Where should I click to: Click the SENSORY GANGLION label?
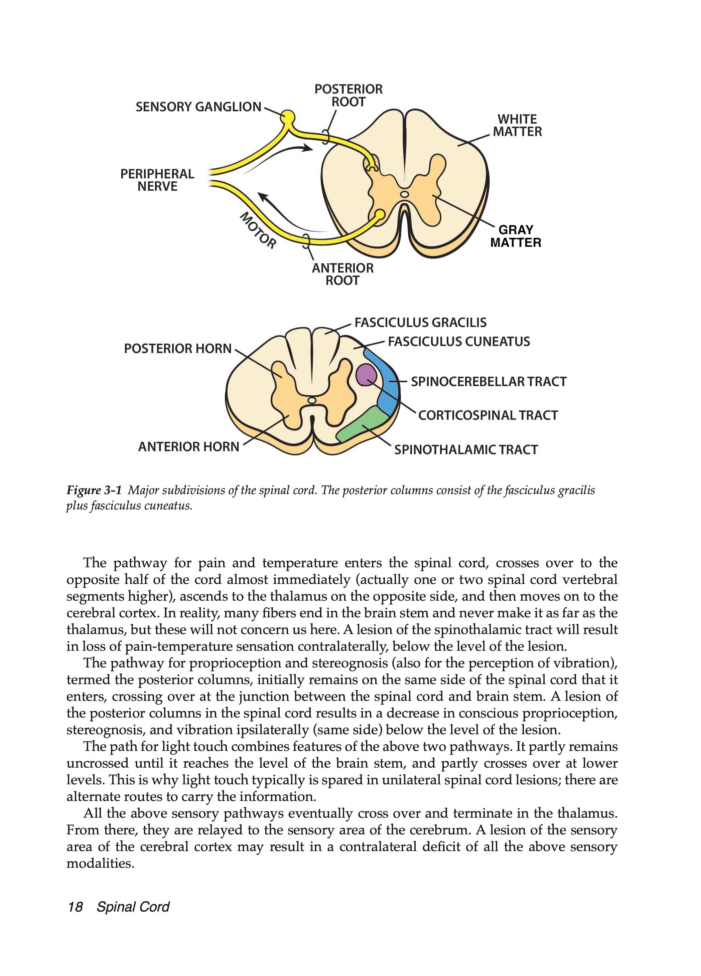[x=198, y=107]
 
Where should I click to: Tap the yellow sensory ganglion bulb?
[x=288, y=116]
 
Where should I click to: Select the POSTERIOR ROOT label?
[x=348, y=95]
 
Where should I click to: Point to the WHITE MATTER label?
[x=517, y=125]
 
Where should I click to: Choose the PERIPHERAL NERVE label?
[x=157, y=180]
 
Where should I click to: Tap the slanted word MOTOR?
[x=258, y=230]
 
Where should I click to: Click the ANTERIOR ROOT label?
[x=342, y=274]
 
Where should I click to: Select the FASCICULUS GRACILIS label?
[x=420, y=322]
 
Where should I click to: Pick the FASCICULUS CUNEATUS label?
[x=458, y=342]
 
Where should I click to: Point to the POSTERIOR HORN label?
[x=177, y=348]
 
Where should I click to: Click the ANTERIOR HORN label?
[x=188, y=447]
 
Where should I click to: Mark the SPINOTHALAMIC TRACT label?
[x=466, y=450]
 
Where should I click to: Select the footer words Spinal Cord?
[x=133, y=907]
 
